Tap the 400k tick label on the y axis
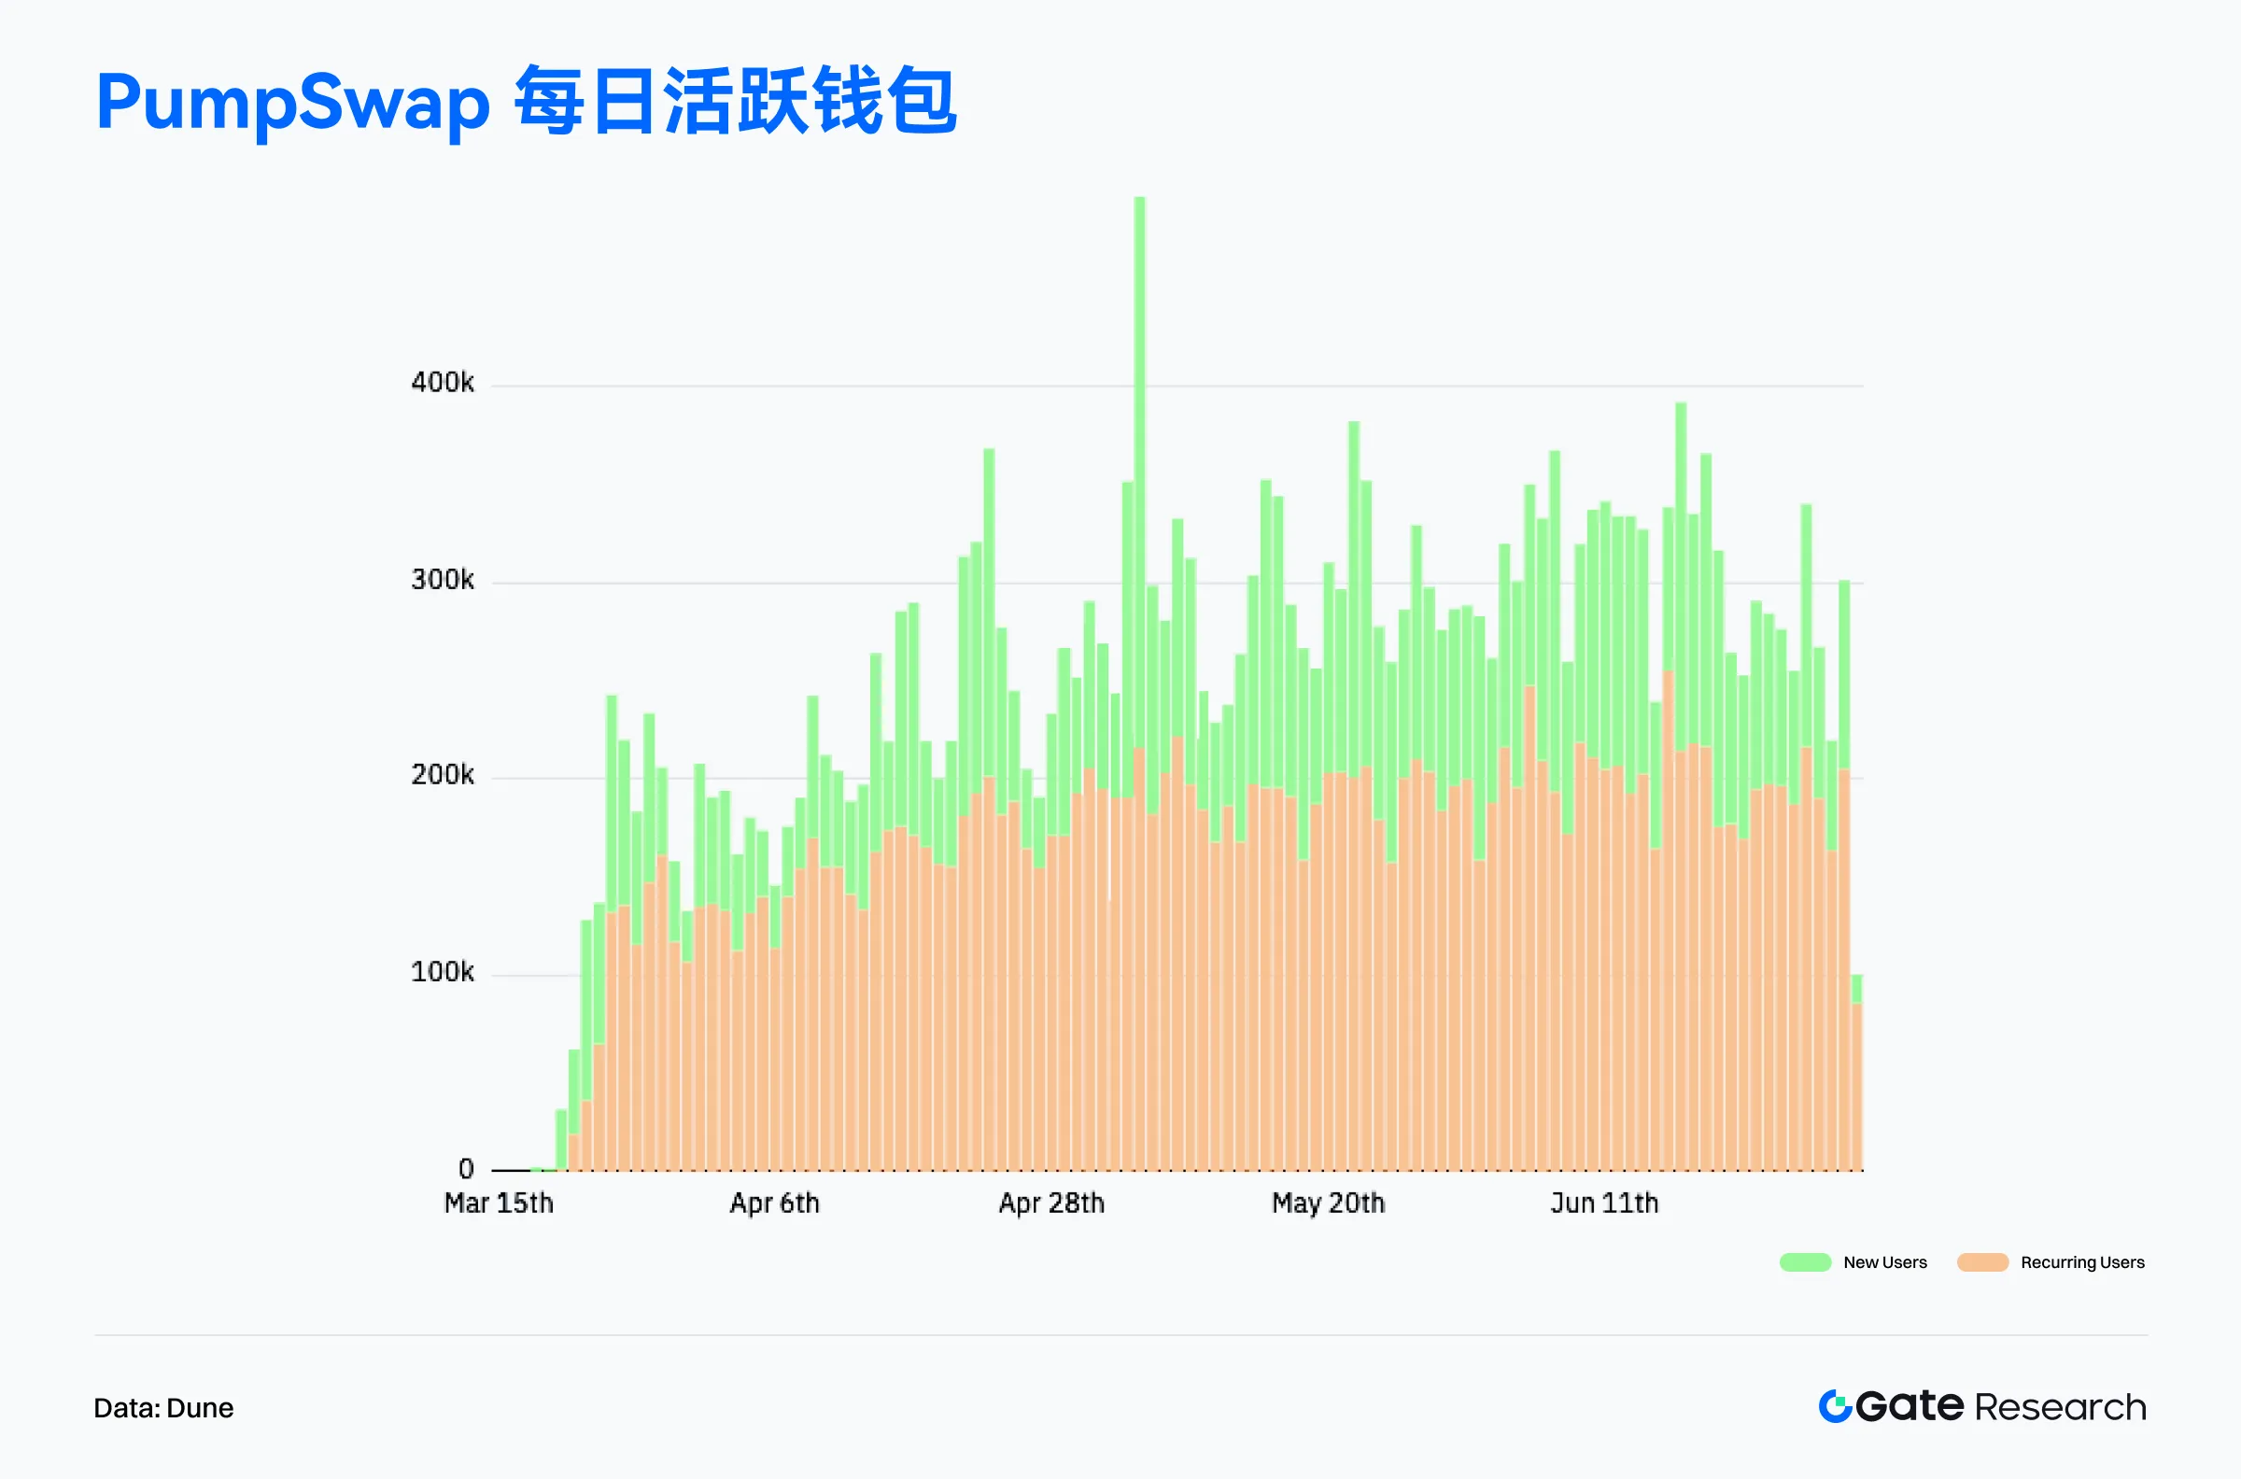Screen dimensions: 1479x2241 click(x=443, y=383)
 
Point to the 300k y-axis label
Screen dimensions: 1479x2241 click(x=443, y=580)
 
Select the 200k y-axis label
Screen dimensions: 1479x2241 click(x=443, y=775)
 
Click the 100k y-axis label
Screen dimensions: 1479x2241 click(x=443, y=973)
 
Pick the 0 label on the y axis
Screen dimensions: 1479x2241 click(x=466, y=1170)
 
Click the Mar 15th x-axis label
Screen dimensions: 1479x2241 click(x=499, y=1204)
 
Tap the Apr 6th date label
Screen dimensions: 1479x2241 click(x=774, y=1204)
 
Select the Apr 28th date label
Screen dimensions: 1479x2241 click(x=1051, y=1204)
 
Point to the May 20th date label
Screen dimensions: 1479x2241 click(x=1328, y=1204)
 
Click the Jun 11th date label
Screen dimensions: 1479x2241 click(x=1604, y=1204)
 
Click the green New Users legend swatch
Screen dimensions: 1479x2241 click(x=1804, y=1263)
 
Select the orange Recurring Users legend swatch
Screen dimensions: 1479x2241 click(x=1982, y=1263)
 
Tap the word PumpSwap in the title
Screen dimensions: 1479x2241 click(x=292, y=102)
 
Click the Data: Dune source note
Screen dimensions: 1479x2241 click(x=163, y=1408)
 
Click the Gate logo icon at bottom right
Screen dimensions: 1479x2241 click(x=1835, y=1406)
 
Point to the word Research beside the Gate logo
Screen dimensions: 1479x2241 click(x=2061, y=1407)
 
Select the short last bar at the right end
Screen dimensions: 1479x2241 click(x=1856, y=1085)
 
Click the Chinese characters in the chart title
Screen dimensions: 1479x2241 click(x=736, y=100)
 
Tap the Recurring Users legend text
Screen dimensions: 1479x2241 click(x=2082, y=1263)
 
